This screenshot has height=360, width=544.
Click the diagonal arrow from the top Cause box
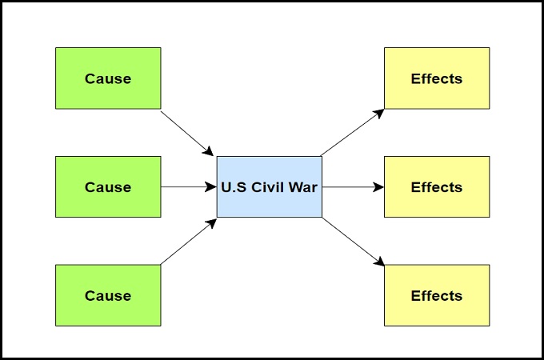187,133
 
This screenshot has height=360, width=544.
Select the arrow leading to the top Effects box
352,132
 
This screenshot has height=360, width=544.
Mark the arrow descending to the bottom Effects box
352,242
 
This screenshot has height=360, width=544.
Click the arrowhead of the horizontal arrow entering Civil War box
211,187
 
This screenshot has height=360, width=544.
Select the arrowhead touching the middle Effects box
379,187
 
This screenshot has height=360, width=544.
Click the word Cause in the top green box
108,78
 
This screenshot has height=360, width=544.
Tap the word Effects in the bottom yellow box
437,296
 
